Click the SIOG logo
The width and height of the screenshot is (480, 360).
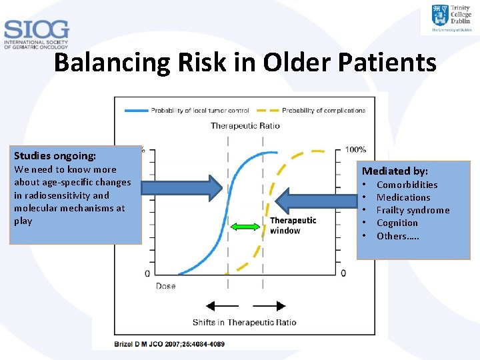pyautogui.click(x=36, y=35)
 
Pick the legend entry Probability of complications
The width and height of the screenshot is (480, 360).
pyautogui.click(x=323, y=110)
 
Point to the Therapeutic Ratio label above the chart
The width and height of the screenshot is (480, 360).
pyautogui.click(x=245, y=125)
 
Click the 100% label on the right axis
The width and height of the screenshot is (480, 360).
pyautogui.click(x=355, y=149)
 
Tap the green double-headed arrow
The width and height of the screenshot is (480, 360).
pyautogui.click(x=245, y=227)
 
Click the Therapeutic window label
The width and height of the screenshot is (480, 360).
pyautogui.click(x=293, y=225)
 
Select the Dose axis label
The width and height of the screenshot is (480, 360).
pyautogui.click(x=166, y=286)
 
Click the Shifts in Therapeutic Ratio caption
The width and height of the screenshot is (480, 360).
pyautogui.click(x=245, y=323)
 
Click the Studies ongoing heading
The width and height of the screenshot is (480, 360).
pyautogui.click(x=55, y=156)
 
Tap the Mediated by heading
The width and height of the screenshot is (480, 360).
pyautogui.click(x=395, y=171)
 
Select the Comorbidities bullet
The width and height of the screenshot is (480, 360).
pyautogui.click(x=407, y=185)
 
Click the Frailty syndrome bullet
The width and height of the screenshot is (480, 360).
pyautogui.click(x=413, y=210)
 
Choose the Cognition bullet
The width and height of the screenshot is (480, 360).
pyautogui.click(x=397, y=223)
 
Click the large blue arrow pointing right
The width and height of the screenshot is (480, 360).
pyautogui.click(x=181, y=189)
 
